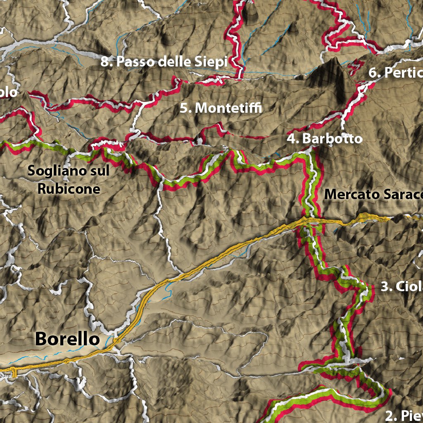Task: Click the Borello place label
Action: [67, 339]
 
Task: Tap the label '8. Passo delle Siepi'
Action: [164, 62]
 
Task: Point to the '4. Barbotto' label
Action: [325, 138]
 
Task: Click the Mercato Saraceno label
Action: [373, 194]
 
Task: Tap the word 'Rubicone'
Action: [69, 189]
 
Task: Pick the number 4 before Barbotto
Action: [292, 138]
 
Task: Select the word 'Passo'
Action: [132, 62]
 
